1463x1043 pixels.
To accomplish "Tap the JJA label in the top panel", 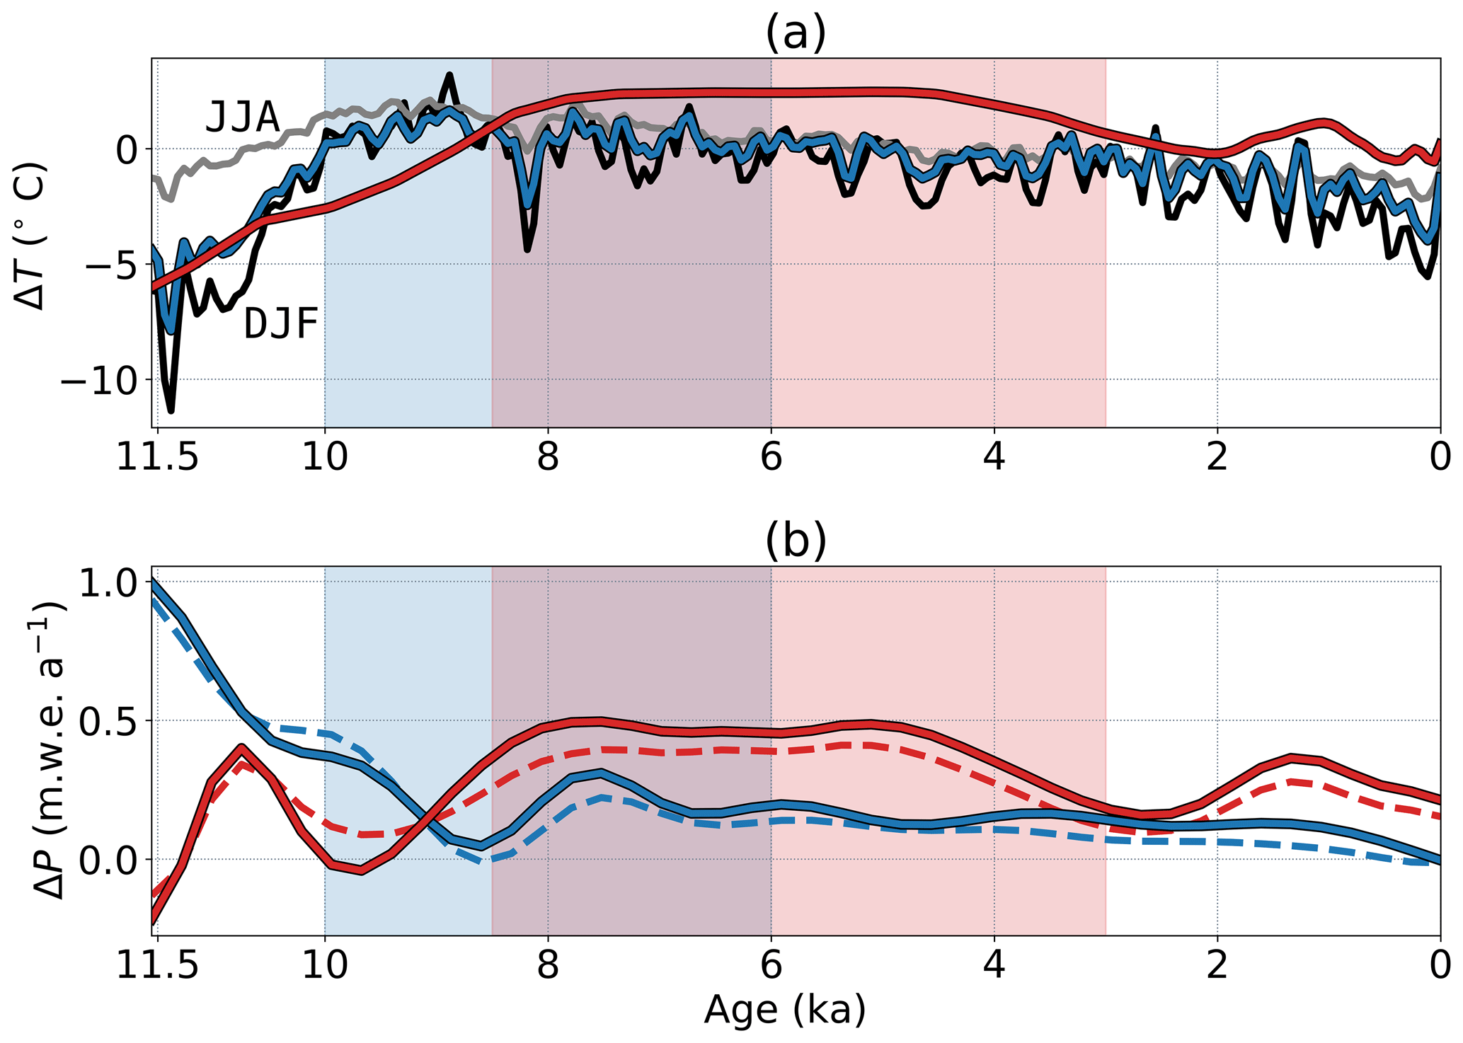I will click(x=242, y=117).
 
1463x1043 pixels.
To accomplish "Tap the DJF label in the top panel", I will click(x=281, y=325).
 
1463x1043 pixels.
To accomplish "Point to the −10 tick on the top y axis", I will click(x=100, y=381).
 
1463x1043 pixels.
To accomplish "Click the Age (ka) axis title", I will click(x=784, y=1010).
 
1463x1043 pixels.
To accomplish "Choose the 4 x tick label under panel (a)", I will click(x=994, y=458).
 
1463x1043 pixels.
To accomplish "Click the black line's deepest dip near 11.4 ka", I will click(x=171, y=410).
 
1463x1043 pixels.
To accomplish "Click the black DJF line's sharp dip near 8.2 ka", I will click(x=527, y=249).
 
